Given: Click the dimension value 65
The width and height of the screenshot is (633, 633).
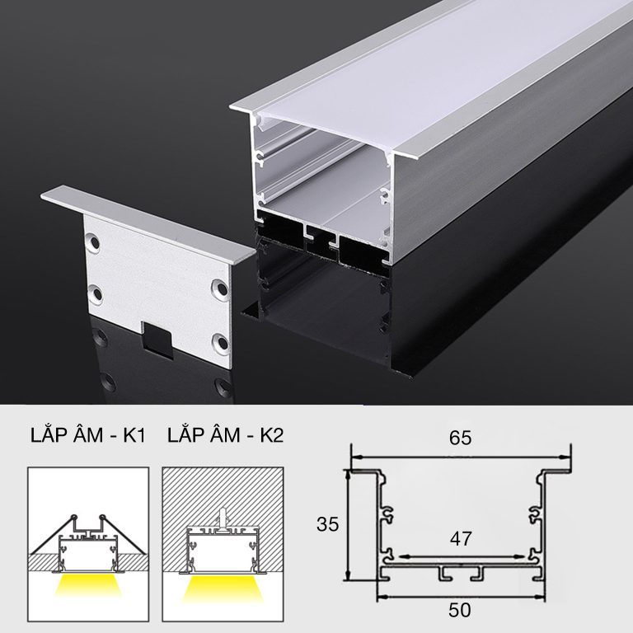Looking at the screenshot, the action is tap(460, 438).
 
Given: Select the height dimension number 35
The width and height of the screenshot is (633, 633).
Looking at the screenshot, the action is tap(327, 524).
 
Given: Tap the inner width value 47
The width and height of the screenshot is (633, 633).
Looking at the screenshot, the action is tap(461, 538).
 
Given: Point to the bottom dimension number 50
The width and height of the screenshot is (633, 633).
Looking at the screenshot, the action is tap(460, 610).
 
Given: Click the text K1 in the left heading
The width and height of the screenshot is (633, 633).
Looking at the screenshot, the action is tap(134, 435).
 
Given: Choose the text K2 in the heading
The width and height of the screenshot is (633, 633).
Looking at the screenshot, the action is tap(272, 435).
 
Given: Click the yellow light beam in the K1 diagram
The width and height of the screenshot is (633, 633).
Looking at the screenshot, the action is tap(89, 585).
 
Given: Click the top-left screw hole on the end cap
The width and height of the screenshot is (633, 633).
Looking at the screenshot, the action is tap(94, 242).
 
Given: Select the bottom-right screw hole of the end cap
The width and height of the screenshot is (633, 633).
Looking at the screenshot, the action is tap(221, 343).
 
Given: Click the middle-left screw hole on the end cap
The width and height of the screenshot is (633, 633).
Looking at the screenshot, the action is tap(96, 294).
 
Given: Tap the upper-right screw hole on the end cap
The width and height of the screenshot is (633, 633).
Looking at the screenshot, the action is tap(220, 288).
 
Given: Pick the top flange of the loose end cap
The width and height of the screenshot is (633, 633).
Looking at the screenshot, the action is tap(148, 223).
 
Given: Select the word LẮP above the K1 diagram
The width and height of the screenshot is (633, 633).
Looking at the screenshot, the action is tap(47, 434).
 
